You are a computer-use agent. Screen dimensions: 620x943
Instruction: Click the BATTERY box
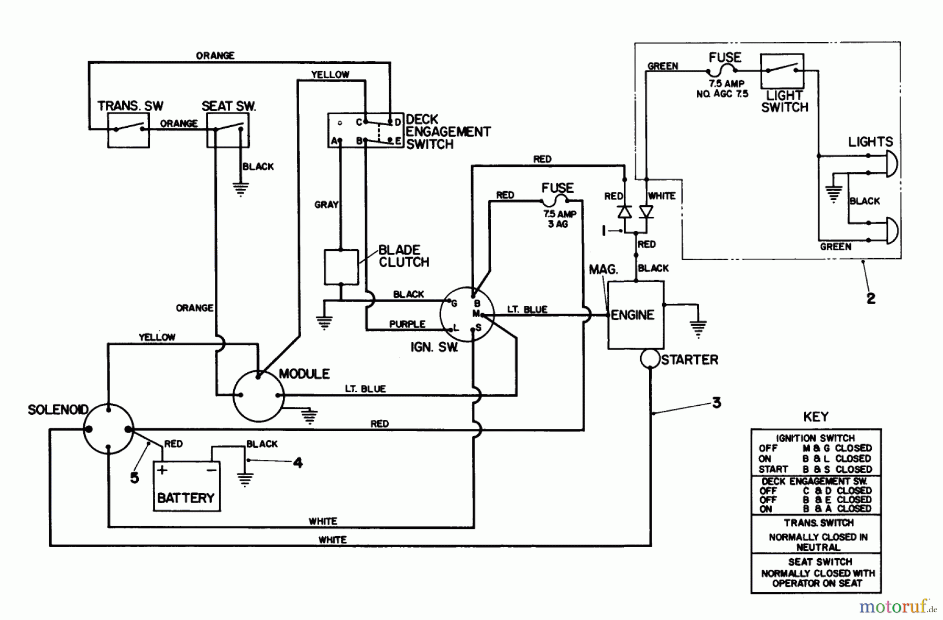pyautogui.click(x=187, y=486)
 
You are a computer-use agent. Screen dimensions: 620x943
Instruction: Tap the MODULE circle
pyautogui.click(x=258, y=396)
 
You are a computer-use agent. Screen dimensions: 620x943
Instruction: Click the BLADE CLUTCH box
pyautogui.click(x=341, y=267)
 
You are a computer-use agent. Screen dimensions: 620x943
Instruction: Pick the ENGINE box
pyautogui.click(x=635, y=315)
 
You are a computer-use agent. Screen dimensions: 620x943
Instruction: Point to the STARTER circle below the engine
pyautogui.click(x=650, y=359)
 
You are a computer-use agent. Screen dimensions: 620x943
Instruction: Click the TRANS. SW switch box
pyautogui.click(x=128, y=130)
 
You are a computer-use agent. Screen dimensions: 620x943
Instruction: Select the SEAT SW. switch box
pyautogui.click(x=228, y=130)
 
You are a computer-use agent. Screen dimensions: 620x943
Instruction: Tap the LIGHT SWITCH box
pyautogui.click(x=782, y=71)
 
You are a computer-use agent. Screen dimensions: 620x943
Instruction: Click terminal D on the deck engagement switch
pyautogui.click(x=390, y=122)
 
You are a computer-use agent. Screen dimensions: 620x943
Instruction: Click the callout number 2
pyautogui.click(x=871, y=298)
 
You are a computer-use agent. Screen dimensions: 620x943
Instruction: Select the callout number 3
pyautogui.click(x=716, y=403)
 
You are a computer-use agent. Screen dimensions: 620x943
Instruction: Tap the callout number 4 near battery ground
pyautogui.click(x=298, y=462)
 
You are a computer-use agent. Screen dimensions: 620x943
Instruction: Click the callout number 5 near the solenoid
pyautogui.click(x=135, y=478)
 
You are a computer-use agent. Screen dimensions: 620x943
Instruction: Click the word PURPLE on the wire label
pyautogui.click(x=407, y=324)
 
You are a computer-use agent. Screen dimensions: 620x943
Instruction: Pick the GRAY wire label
pyautogui.click(x=326, y=205)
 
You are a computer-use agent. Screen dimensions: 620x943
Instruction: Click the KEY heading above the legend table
pyautogui.click(x=816, y=417)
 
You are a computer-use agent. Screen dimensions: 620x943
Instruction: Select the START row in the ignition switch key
pyautogui.click(x=815, y=469)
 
